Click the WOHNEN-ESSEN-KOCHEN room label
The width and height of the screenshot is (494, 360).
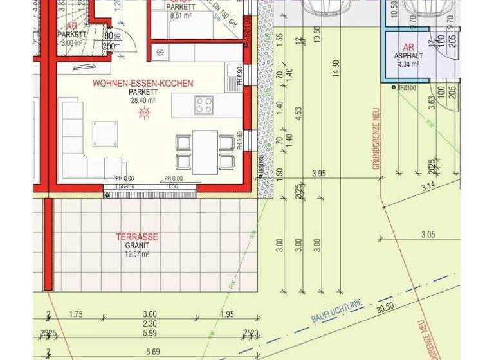pyautogui.click(x=142, y=84)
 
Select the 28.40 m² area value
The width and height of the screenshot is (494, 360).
pyautogui.click(x=143, y=101)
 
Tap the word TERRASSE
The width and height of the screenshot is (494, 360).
pyautogui.click(x=136, y=237)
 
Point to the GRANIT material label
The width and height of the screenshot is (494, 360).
pyautogui.click(x=137, y=246)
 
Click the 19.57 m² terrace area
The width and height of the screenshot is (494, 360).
pyautogui.click(x=136, y=254)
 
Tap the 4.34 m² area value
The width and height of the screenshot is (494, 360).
pyautogui.click(x=408, y=65)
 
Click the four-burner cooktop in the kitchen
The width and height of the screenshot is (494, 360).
pyautogui.click(x=205, y=104)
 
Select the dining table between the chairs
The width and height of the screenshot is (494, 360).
pyautogui.click(x=205, y=152)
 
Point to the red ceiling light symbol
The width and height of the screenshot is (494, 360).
pyautogui.click(x=144, y=113)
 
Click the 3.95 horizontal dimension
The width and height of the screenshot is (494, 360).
pyautogui.click(x=319, y=174)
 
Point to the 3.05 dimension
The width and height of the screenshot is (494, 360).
pyautogui.click(x=427, y=235)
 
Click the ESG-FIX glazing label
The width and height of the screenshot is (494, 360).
pyautogui.click(x=125, y=185)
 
